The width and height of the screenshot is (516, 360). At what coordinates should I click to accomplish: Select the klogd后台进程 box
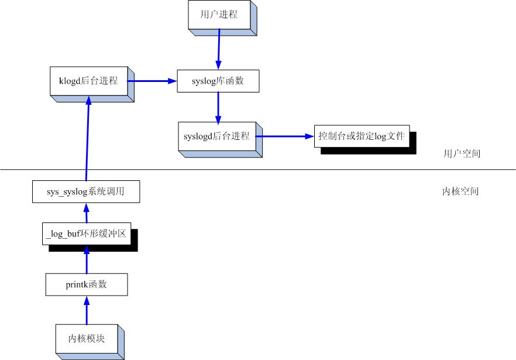88,81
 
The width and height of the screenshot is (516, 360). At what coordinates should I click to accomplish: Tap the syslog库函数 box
218,81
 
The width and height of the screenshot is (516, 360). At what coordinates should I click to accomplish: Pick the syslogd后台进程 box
216,136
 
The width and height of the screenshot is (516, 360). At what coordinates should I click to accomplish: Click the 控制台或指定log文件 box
362,136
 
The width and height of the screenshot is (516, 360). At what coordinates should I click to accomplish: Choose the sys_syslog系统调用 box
86,191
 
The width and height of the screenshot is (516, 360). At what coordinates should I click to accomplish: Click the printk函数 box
86,285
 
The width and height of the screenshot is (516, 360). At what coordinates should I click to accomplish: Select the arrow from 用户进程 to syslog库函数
219,50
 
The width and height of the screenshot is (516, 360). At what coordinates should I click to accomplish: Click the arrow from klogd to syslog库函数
153,81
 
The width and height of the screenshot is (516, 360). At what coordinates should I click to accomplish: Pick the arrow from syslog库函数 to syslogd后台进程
218,107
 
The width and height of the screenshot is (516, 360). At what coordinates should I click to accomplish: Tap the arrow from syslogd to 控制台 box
284,136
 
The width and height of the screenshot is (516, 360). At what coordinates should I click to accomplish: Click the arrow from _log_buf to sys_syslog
86,212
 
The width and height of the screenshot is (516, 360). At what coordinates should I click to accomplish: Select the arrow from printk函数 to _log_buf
86,259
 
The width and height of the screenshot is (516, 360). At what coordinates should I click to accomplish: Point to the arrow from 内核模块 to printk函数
87,310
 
